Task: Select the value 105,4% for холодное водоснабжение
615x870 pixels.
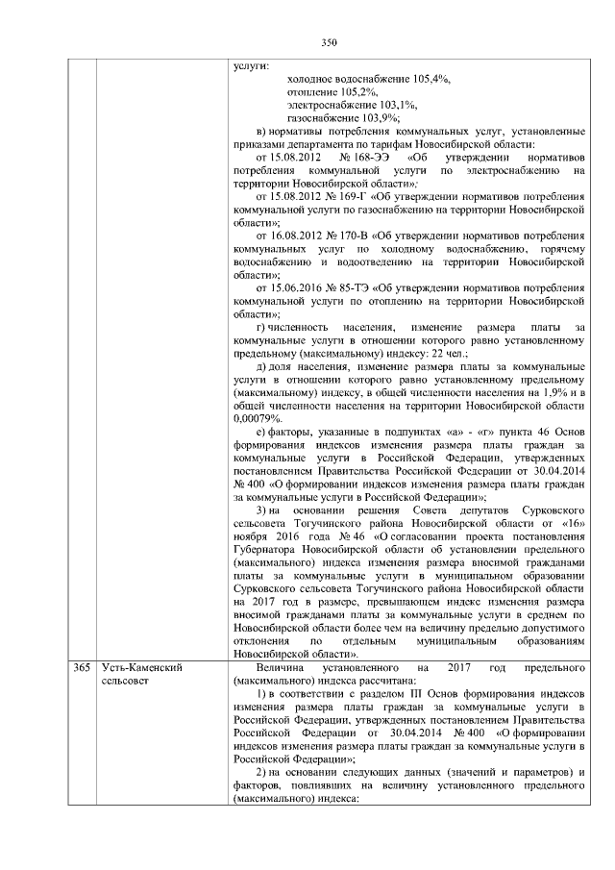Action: point(431,79)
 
